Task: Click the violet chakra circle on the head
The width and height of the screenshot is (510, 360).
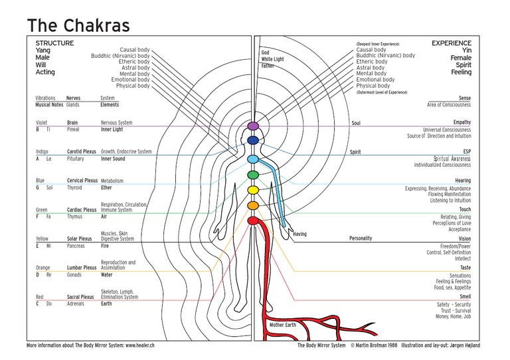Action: [252, 126]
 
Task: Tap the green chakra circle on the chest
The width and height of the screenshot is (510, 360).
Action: [252, 175]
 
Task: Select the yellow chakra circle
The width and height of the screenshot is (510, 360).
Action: [252, 191]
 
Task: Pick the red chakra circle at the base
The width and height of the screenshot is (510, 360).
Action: [252, 220]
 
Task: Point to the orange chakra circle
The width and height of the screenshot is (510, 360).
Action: [252, 206]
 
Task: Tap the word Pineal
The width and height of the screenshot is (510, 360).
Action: [74, 129]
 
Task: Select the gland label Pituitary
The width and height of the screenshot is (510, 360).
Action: [76, 158]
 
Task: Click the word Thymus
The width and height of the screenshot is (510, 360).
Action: [75, 217]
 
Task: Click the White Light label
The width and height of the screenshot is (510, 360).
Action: [272, 59]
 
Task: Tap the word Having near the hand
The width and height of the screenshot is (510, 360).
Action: [300, 234]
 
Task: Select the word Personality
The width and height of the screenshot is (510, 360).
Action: [361, 238]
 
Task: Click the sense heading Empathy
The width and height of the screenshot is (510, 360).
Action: [462, 122]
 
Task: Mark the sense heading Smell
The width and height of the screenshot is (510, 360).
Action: [464, 298]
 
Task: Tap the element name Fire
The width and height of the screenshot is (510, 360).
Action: [105, 246]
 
